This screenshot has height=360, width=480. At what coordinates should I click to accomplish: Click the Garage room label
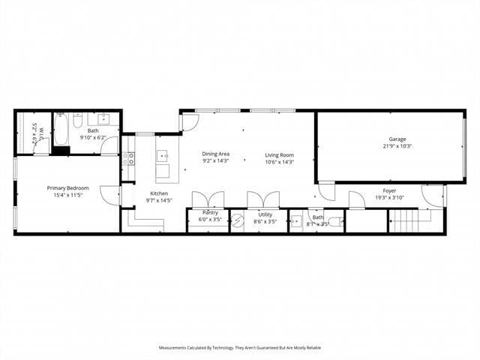click(397, 139)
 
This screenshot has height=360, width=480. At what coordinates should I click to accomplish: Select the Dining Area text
click(215, 154)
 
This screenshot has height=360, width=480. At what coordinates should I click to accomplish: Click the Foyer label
click(389, 190)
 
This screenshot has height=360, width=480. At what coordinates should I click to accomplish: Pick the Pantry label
click(209, 213)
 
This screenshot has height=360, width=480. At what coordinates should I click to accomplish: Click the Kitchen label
click(158, 193)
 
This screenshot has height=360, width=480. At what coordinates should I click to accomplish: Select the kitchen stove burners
click(129, 158)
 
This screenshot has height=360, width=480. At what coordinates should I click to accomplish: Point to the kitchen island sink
click(161, 157)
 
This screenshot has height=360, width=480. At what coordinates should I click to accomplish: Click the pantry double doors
click(208, 200)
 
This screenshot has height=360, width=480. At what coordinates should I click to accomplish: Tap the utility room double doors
click(263, 200)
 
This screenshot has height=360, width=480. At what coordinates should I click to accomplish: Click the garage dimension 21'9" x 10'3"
click(397, 146)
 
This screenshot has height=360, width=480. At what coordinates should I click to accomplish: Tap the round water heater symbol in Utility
click(238, 220)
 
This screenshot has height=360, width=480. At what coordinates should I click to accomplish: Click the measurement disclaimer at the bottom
click(239, 347)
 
